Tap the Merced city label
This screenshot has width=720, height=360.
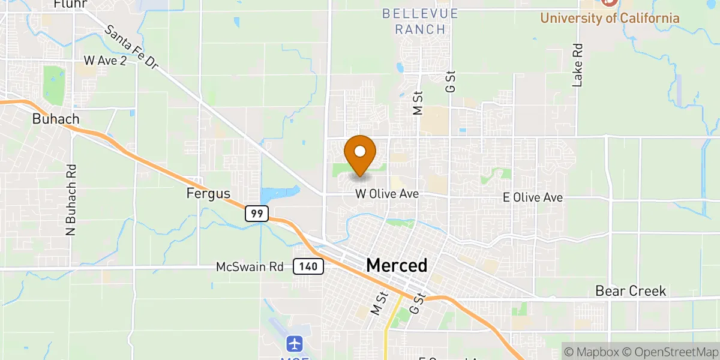point(397,265)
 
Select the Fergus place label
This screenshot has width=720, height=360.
point(208,194)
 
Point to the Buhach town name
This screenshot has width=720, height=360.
point(56,119)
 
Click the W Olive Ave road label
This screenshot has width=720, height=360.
point(387,194)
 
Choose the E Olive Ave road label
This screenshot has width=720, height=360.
point(533,197)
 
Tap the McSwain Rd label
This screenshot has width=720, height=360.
point(249,267)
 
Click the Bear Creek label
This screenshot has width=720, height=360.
point(631,291)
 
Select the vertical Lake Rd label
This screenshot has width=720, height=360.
point(578,64)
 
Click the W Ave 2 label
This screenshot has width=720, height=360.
point(105,61)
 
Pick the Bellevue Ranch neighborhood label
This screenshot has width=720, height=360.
point(420,21)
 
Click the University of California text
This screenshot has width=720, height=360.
point(610,18)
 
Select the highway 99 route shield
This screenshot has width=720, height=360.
point(256,213)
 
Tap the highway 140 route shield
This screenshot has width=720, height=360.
point(308,266)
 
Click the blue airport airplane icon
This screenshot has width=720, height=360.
point(294,344)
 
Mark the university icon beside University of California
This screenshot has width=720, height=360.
point(609,2)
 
